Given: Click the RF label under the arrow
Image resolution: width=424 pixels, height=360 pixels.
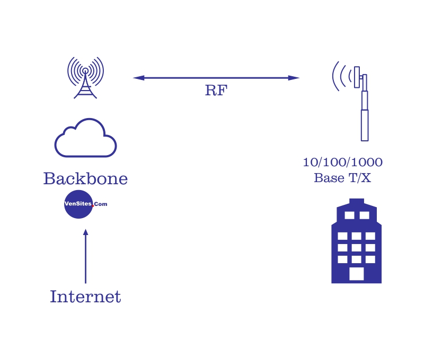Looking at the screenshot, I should (215, 91).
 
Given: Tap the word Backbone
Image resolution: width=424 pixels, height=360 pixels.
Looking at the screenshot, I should (85, 179).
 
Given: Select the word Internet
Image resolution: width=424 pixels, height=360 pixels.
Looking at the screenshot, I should (85, 296).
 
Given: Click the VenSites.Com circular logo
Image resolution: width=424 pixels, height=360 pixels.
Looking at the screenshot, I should (79, 204).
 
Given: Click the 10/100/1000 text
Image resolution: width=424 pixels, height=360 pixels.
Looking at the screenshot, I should (342, 163).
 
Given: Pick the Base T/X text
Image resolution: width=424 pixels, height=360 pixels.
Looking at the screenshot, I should (342, 178).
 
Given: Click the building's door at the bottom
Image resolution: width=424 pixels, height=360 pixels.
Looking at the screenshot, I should (357, 274).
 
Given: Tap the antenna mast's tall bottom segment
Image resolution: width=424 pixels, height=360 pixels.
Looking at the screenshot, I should (365, 125).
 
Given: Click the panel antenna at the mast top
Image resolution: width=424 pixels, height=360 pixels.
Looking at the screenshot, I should (357, 77).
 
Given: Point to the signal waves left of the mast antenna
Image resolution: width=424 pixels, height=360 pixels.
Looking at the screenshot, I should (340, 77).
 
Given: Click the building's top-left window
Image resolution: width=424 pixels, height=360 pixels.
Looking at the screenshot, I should (349, 215).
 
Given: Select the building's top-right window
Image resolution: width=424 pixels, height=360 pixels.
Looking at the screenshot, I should (364, 215).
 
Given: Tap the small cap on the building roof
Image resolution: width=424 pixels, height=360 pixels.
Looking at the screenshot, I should (357, 201).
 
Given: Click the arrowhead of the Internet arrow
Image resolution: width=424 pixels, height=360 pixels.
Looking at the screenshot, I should (85, 232).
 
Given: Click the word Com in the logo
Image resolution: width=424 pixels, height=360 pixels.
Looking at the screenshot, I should (101, 204).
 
